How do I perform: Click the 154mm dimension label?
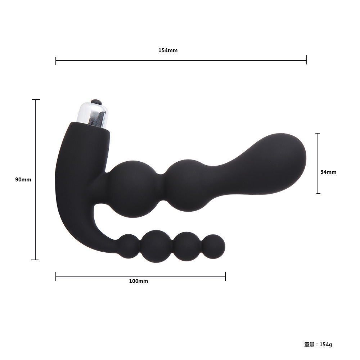pos(168,50)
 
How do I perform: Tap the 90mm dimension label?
pos(23,180)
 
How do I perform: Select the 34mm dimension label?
pos(328,172)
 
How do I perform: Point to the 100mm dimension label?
pos(139,281)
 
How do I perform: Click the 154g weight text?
pos(326,345)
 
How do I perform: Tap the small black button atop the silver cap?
pos(96,102)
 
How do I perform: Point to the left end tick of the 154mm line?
pos(56,60)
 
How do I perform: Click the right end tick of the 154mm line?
pos(306,60)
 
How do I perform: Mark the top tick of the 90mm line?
pos(36,99)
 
